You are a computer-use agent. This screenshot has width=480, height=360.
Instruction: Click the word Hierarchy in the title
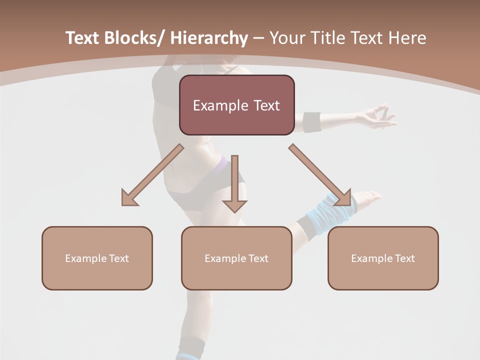click(209, 38)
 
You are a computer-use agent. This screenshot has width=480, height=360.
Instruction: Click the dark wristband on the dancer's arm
click(312, 122)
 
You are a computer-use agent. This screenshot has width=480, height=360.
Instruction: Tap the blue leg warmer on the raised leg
click(330, 209)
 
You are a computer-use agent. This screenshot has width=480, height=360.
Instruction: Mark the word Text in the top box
click(264, 105)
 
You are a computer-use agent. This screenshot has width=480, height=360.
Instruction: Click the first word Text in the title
click(83, 38)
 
